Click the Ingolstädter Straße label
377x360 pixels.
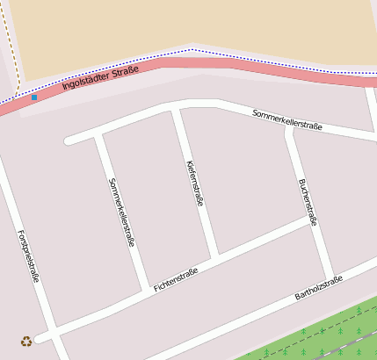point(100,79)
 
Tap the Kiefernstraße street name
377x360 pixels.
point(195,184)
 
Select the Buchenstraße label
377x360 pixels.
point(308,203)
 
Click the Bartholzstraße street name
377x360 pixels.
point(317,287)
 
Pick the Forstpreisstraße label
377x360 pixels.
point(29,256)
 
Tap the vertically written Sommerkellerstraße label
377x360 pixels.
point(121,212)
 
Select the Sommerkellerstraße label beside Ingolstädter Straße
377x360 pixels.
point(287,119)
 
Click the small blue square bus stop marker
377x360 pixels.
point(34,97)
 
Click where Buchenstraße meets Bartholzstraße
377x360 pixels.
point(332,276)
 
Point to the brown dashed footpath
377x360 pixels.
point(10,44)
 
